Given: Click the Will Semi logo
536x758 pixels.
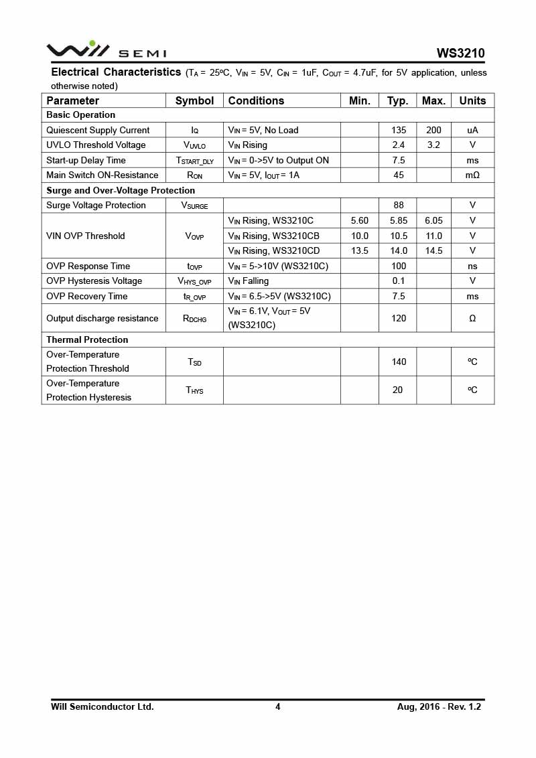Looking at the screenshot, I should coord(106,50).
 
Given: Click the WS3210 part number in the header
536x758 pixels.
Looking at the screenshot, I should coord(460,53).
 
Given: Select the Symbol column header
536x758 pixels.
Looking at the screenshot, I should coord(194,100).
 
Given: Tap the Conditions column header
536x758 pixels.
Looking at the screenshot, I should coord(256,100).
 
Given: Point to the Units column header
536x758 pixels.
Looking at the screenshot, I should coord(472,100).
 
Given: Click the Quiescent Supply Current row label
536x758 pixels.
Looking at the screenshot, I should coord(98,130).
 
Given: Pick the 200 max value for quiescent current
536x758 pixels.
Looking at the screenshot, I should coord(433,130).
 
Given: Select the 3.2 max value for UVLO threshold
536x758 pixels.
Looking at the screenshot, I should coord(433,145).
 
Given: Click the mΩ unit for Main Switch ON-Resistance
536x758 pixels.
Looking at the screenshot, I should coord(472,175).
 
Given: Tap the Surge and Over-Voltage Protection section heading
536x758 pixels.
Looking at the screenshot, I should coord(121,190).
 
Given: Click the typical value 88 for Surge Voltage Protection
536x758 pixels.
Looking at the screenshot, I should coord(399,205).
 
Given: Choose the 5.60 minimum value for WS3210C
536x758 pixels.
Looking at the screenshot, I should coord(360,220).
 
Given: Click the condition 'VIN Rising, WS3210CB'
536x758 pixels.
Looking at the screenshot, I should coord(273,236).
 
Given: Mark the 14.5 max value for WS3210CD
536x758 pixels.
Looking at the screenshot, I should coord(433,250).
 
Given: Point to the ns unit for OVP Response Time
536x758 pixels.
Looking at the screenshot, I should coord(472,266).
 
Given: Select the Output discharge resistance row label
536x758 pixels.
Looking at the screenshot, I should coord(103,318).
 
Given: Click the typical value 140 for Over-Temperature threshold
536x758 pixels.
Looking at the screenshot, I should coord(399,362).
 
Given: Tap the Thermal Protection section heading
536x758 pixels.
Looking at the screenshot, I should coord(87,339).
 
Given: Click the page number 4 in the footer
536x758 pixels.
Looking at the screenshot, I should coord(277,706).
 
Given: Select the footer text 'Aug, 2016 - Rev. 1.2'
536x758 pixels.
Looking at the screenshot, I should coord(439,706).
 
